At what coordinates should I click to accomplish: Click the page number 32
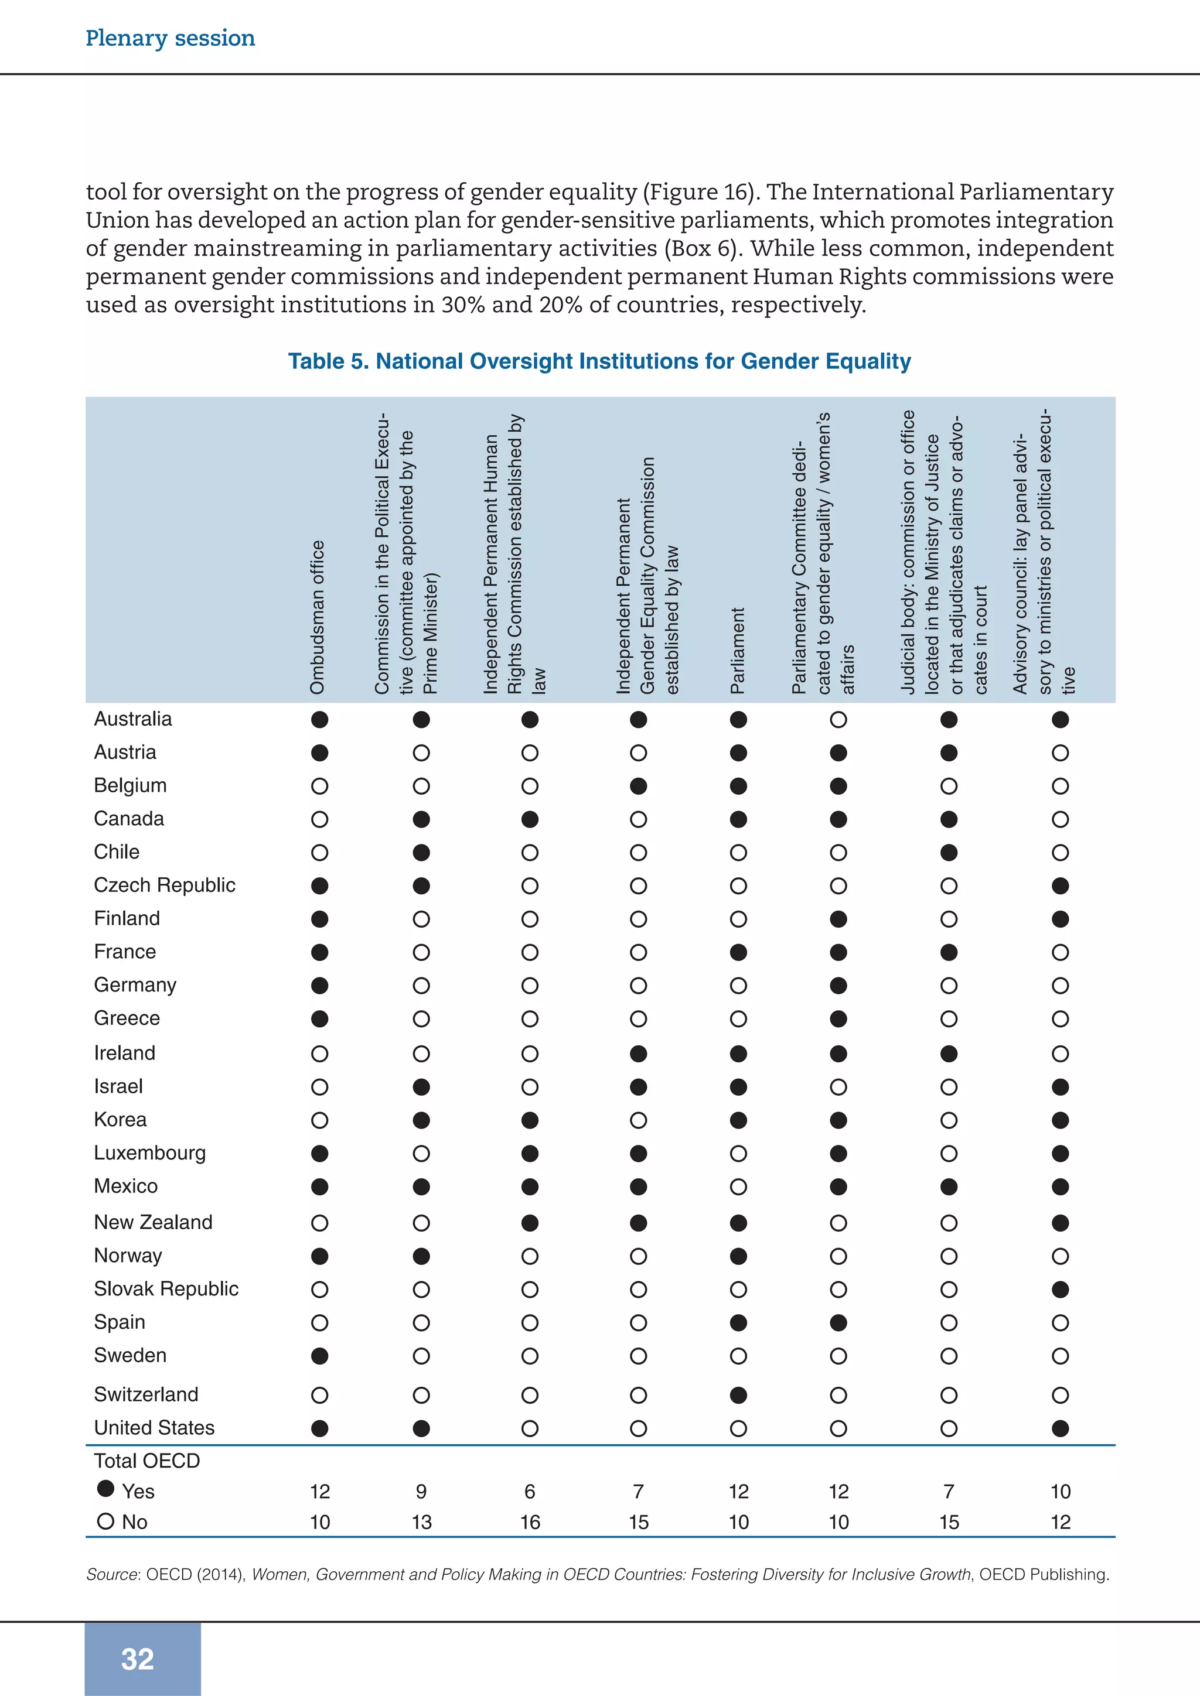[x=138, y=1659]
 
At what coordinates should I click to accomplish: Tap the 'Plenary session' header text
[x=170, y=37]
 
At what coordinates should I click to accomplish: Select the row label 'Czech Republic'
[x=164, y=885]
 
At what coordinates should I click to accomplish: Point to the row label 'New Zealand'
[x=153, y=1222]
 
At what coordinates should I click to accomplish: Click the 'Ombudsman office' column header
[x=318, y=617]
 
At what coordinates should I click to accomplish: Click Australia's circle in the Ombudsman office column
[x=319, y=720]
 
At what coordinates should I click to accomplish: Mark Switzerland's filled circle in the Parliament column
[x=738, y=1394]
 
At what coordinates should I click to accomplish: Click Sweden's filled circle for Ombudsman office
[x=319, y=1356]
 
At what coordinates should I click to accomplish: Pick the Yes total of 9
[x=421, y=1492]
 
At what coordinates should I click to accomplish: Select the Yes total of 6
[x=530, y=1492]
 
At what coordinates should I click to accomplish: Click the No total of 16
[x=530, y=1521]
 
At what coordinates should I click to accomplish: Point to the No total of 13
[x=421, y=1521]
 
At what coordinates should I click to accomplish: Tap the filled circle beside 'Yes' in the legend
[x=105, y=1489]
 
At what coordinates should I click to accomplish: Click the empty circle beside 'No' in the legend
[x=105, y=1521]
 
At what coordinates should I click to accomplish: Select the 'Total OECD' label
[x=146, y=1461]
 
